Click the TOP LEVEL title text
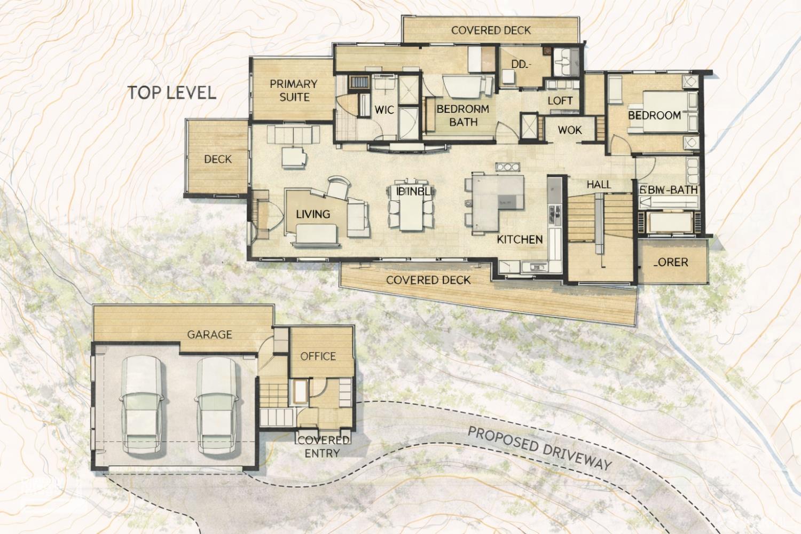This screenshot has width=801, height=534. pyautogui.click(x=172, y=92)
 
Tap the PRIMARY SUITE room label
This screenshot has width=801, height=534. pyautogui.click(x=293, y=90)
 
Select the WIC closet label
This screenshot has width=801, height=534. pyautogui.click(x=384, y=110)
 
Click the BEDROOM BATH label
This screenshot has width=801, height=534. pyautogui.click(x=462, y=115)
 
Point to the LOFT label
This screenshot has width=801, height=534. pyautogui.click(x=560, y=100)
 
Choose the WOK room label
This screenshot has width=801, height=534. pyautogui.click(x=569, y=130)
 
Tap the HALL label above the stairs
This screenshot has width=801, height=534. pyautogui.click(x=598, y=184)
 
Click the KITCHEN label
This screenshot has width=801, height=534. pyautogui.click(x=520, y=239)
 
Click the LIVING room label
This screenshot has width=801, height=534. pyautogui.click(x=313, y=214)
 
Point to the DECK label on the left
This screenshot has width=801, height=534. pyautogui.click(x=217, y=159)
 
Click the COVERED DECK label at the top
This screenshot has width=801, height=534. pyautogui.click(x=491, y=30)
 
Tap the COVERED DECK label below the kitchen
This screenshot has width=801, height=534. pyautogui.click(x=428, y=280)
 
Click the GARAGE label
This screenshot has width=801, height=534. pyautogui.click(x=209, y=334)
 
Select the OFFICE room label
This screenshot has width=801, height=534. pyautogui.click(x=318, y=356)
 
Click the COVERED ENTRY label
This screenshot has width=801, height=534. pyautogui.click(x=323, y=446)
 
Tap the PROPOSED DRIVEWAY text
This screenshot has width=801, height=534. pyautogui.click(x=539, y=447)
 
